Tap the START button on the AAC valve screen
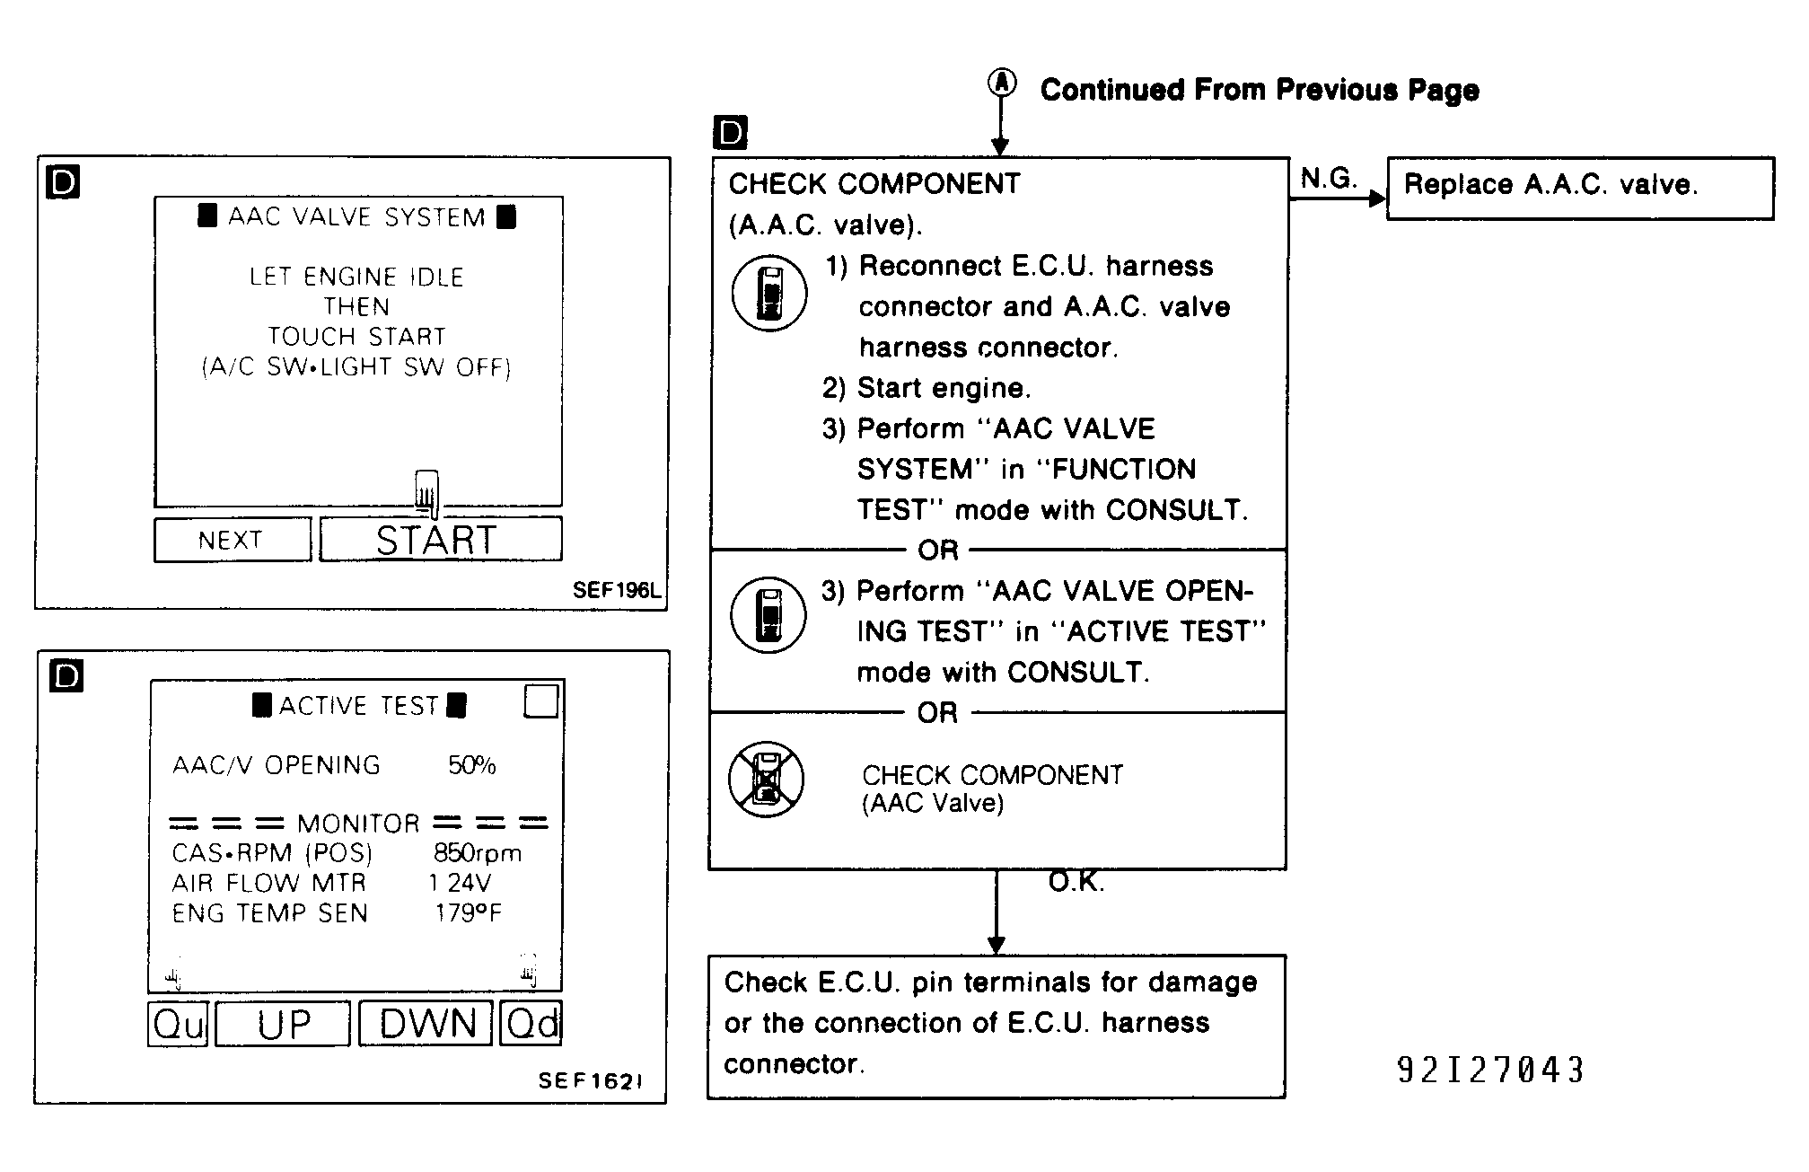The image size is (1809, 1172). (441, 539)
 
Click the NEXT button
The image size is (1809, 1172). (233, 540)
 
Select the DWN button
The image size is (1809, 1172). (426, 1024)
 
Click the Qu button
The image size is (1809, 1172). (178, 1024)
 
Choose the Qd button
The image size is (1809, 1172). (531, 1024)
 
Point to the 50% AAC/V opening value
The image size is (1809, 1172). (472, 765)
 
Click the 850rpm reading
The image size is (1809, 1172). (478, 852)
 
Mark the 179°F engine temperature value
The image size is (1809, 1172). (468, 912)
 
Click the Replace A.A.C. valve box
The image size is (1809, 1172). (1580, 189)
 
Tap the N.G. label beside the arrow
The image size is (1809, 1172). (1328, 178)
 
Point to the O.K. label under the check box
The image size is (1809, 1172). (1076, 882)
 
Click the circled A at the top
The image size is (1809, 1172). (1002, 84)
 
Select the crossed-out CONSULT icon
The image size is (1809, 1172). (766, 779)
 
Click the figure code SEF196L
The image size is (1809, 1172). (616, 590)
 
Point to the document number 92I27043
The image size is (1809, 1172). (1491, 1070)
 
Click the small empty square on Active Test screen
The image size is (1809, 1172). (540, 701)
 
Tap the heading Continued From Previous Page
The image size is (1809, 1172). (1260, 90)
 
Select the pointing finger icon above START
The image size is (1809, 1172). (427, 493)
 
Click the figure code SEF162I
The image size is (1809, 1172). (590, 1080)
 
